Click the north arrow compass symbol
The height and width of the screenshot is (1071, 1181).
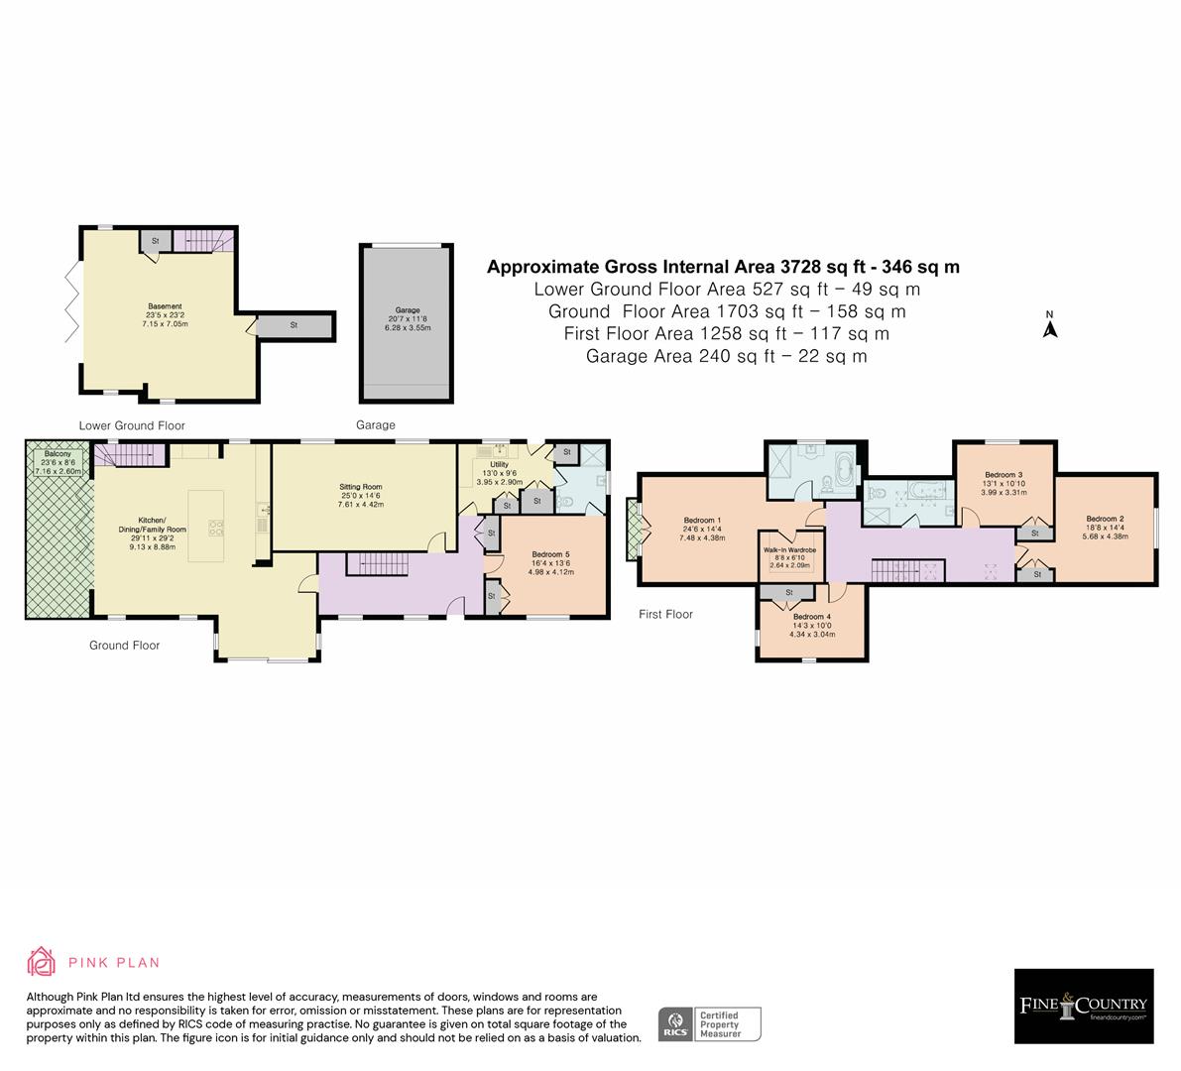pyautogui.click(x=1049, y=326)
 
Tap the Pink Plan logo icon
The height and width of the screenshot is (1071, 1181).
pyautogui.click(x=41, y=961)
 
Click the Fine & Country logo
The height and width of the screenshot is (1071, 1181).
pyautogui.click(x=1083, y=1007)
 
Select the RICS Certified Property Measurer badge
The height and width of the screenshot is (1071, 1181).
pyautogui.click(x=710, y=1023)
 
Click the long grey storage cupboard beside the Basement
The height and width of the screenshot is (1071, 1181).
pyautogui.click(x=295, y=324)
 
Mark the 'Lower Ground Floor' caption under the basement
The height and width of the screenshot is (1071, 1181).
pyautogui.click(x=132, y=425)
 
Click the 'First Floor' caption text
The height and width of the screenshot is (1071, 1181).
pyautogui.click(x=665, y=614)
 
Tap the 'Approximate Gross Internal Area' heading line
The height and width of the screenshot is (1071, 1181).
pyautogui.click(x=723, y=267)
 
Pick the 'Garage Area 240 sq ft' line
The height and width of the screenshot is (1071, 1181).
pyautogui.click(x=726, y=356)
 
